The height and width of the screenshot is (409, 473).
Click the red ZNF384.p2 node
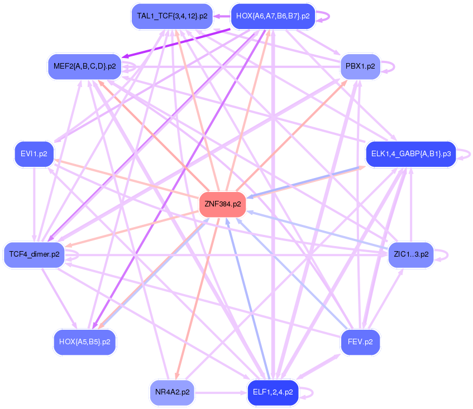223,204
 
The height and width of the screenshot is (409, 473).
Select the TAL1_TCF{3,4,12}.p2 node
172,16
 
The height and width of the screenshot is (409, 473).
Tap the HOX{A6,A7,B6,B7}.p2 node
273,16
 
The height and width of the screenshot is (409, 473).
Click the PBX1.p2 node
360,66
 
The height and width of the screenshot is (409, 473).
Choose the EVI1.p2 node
34,153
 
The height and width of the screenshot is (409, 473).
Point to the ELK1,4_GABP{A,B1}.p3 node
410,153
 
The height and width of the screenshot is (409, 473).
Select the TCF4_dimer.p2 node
34,254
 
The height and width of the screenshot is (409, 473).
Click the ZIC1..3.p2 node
410,254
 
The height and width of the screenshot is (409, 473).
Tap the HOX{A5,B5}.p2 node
85,341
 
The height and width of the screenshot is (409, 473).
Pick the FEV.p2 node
360,341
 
